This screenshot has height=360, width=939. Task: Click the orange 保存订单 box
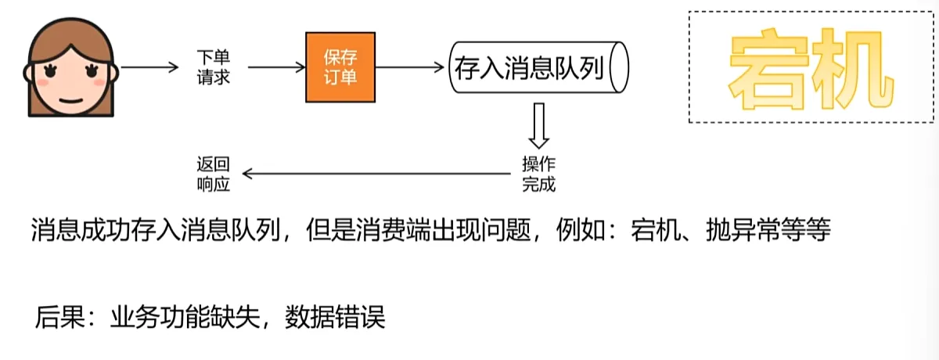click(x=340, y=67)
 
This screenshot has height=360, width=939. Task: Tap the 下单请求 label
click(x=213, y=67)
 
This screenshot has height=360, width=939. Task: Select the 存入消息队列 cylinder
click(x=538, y=67)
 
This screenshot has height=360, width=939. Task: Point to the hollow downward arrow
click(x=538, y=127)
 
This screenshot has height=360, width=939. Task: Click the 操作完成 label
click(x=538, y=174)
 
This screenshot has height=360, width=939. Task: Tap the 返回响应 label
click(x=213, y=174)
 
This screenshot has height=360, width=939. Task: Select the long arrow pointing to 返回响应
click(x=376, y=174)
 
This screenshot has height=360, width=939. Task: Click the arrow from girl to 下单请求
click(x=150, y=67)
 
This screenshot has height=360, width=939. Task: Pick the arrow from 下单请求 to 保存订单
click(x=271, y=67)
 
